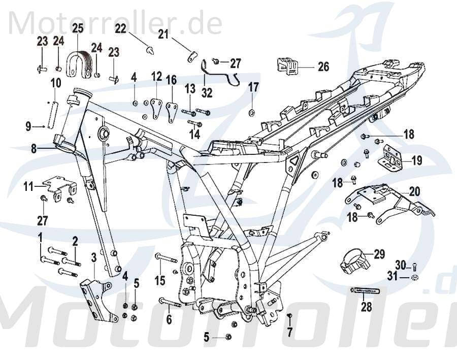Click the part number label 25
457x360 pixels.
point(77,29)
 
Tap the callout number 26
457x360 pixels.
point(323,67)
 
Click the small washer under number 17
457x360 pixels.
point(252,111)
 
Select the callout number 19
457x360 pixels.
point(416,161)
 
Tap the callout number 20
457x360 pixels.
point(414,191)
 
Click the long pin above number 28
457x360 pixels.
point(365,290)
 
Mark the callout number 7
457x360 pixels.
point(289,333)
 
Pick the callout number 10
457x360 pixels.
point(56,82)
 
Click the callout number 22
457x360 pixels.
point(120,29)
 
